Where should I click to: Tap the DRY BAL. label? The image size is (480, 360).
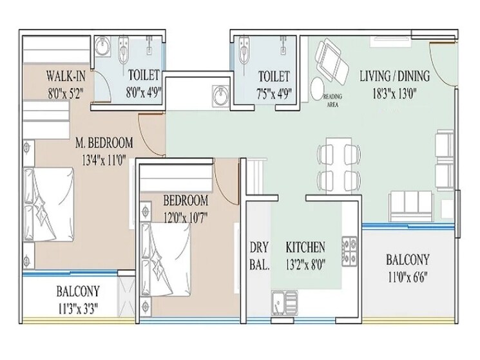(x=258, y=254)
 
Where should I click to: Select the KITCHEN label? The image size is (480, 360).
(x=305, y=247)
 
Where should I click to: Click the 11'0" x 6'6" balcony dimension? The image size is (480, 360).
(x=407, y=279)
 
